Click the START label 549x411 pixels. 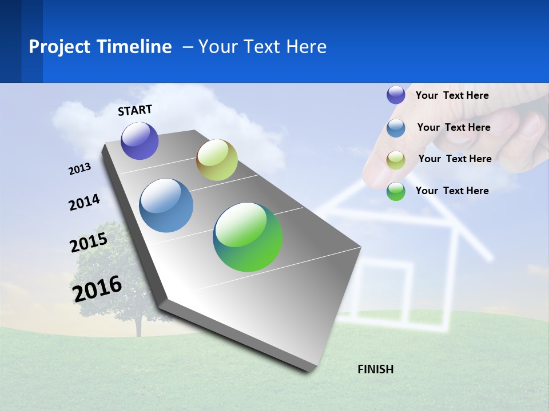(135, 110)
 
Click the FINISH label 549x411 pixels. (376, 369)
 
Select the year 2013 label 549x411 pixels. (79, 169)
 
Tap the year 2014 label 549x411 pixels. (84, 203)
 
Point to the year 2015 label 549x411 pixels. (88, 243)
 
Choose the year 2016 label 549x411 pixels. (97, 288)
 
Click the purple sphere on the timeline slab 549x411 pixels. (140, 141)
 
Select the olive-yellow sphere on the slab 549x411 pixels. (217, 160)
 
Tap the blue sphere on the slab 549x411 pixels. (166, 205)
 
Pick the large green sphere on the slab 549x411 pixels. (248, 237)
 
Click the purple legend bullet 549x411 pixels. (396, 95)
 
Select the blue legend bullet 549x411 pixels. (396, 127)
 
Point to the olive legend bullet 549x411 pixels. (396, 159)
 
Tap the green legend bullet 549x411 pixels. (396, 191)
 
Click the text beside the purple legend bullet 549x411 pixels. (452, 95)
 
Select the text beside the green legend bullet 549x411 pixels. (452, 191)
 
